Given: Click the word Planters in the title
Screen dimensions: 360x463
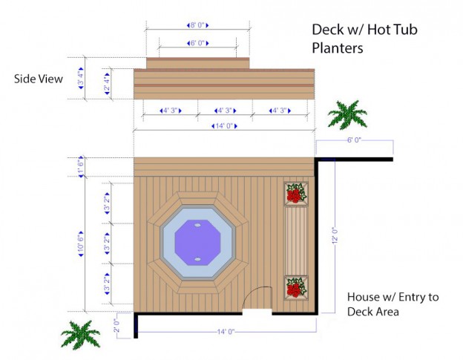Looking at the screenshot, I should tap(337, 50).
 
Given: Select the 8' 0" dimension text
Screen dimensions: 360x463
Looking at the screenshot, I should tap(197, 26).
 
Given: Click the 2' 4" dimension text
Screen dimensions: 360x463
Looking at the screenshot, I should tap(107, 80).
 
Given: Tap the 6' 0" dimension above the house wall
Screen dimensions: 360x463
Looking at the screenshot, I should tap(353, 140).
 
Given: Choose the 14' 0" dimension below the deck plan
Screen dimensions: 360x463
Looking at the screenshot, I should tap(225, 332).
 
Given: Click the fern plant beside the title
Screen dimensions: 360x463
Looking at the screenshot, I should tap(347, 114).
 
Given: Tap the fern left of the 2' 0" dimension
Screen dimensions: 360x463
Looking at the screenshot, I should tap(80, 335).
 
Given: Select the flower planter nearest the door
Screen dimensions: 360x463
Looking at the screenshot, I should tap(296, 287).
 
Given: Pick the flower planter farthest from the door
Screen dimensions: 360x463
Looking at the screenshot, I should tap(296, 194).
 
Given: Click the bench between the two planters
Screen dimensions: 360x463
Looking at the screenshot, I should tap(296, 240).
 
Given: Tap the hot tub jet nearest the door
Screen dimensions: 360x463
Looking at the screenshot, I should tap(198, 258).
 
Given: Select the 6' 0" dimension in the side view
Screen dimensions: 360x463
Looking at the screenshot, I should tap(197, 43).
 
